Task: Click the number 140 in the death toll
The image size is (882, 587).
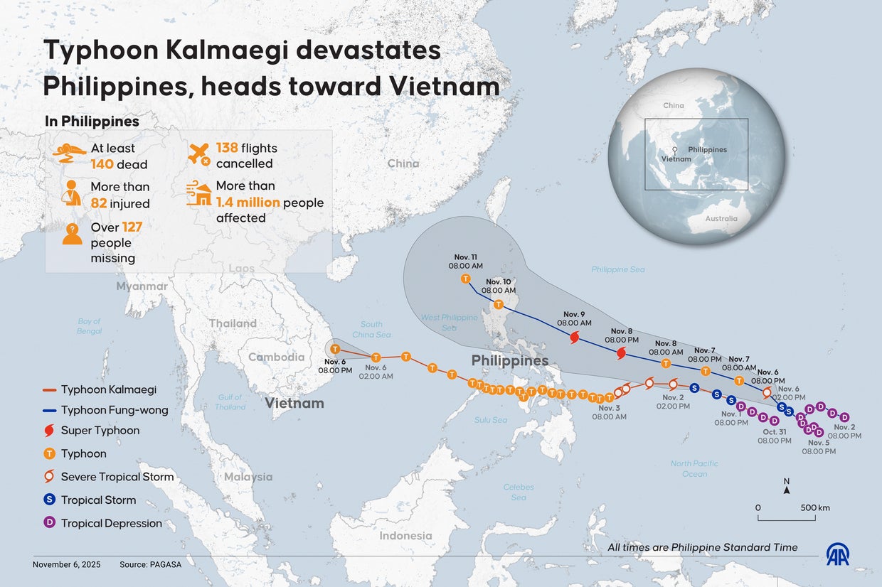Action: coord(104,165)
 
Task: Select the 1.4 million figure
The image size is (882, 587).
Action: coord(248,203)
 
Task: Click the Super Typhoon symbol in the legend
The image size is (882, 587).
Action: coord(49,431)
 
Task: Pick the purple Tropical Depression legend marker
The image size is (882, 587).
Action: coord(49,523)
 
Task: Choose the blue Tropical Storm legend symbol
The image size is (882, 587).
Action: coord(49,500)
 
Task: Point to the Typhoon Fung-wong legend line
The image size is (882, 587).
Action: coord(49,410)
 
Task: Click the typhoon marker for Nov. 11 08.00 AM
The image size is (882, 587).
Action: coord(466,279)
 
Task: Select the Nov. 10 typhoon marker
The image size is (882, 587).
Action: coord(498,304)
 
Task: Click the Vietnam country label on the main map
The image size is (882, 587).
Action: coord(294,404)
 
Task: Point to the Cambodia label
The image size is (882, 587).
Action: coord(276,357)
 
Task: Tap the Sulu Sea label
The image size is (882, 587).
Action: coord(491,420)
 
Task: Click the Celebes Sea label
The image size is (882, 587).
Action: coord(519,492)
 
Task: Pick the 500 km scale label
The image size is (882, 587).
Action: coord(815,507)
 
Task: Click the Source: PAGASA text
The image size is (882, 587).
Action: coord(150,564)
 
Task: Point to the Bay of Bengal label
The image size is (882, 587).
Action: coord(90,326)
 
